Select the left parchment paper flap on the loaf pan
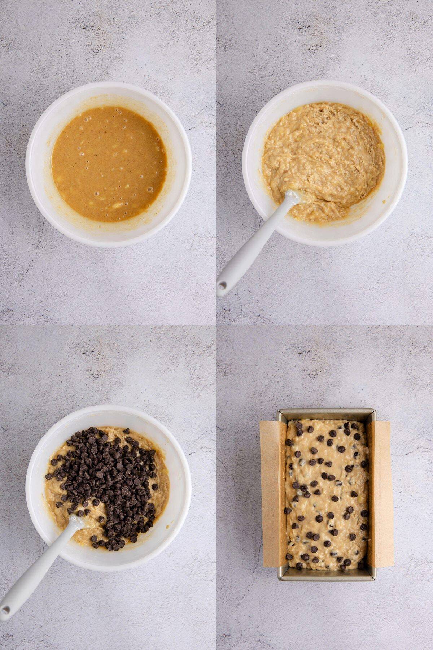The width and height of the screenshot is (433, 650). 273,493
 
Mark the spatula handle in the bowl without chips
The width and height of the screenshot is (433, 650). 253,246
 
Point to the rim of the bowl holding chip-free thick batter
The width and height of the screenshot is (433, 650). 325,87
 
